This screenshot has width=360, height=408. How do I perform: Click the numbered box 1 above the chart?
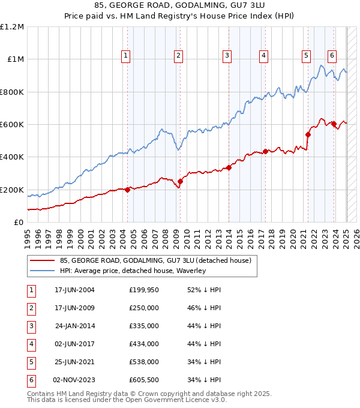[x=126, y=56]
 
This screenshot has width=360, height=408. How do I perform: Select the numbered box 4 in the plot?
[x=263, y=56]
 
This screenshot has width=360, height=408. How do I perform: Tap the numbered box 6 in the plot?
[x=332, y=56]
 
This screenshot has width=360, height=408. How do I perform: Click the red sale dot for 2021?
[x=308, y=134]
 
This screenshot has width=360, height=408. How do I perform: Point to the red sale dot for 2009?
[x=180, y=181]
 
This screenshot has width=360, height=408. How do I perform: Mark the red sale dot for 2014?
[x=229, y=167]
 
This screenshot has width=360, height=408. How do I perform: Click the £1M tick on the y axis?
[x=14, y=59]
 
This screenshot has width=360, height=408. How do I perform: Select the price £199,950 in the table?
[x=144, y=290]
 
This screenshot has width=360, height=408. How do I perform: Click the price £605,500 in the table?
[x=144, y=380]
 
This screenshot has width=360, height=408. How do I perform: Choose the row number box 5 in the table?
[x=31, y=362]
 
